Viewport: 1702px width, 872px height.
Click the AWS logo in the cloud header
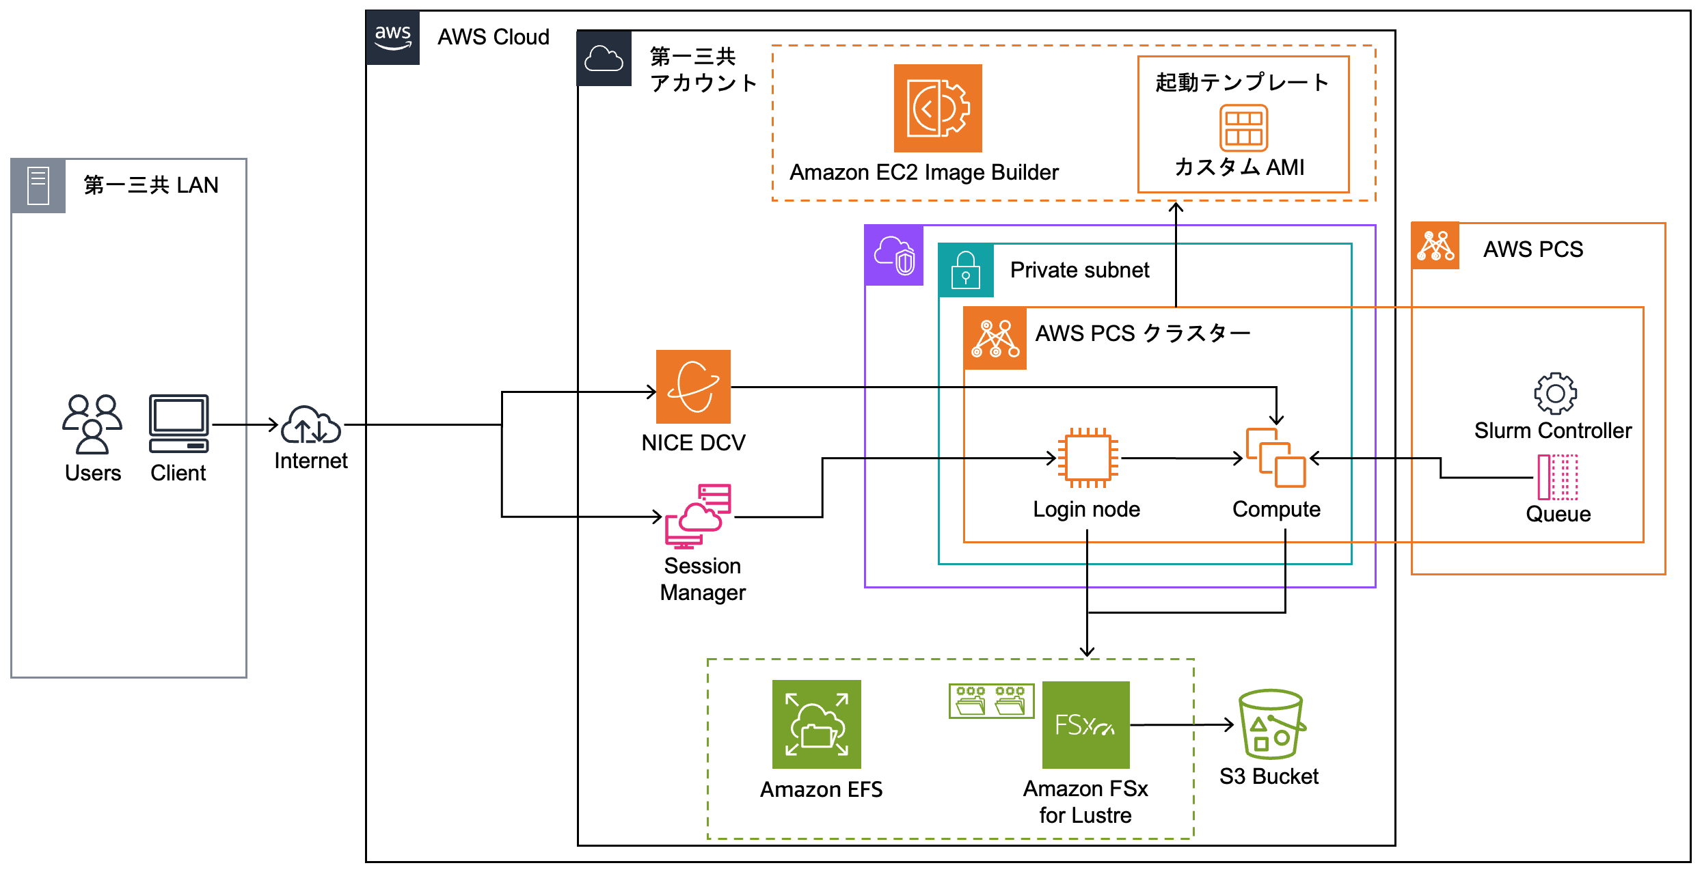click(x=392, y=38)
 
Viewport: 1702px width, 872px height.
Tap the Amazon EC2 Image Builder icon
click(x=937, y=108)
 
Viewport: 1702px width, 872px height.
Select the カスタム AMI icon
click(x=1243, y=128)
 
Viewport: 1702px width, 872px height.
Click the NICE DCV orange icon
click(x=693, y=387)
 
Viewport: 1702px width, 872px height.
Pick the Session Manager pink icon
click(x=698, y=517)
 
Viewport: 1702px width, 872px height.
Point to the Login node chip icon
click(x=1088, y=458)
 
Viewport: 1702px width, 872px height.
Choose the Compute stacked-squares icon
click(x=1275, y=458)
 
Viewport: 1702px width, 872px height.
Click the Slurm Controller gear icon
click(x=1555, y=393)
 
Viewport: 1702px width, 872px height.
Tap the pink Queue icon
click(x=1557, y=477)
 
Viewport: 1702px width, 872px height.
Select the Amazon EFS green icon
click(x=816, y=724)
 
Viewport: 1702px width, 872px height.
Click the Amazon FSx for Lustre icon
click(x=1085, y=724)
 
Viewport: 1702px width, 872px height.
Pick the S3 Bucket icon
click(x=1271, y=724)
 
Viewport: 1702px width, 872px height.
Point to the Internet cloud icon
click(x=311, y=425)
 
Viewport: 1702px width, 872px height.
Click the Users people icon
click(x=92, y=424)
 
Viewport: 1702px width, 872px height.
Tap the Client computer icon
click(x=178, y=424)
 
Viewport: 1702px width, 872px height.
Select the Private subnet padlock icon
click(x=965, y=271)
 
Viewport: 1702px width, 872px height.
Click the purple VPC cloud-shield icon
click(x=894, y=256)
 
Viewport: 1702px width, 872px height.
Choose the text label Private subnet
click(x=1079, y=271)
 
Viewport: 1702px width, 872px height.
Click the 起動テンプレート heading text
click(x=1241, y=83)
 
